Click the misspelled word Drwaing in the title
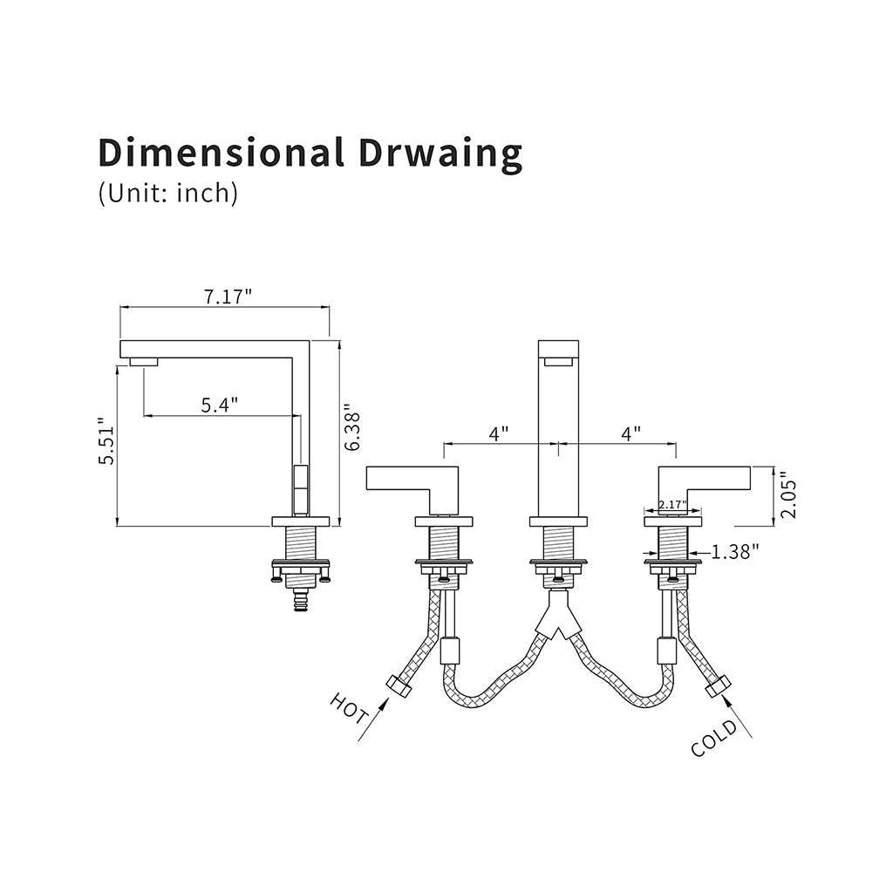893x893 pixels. tap(440, 153)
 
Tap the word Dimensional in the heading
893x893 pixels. tap(221, 152)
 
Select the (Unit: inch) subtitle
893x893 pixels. tap(168, 194)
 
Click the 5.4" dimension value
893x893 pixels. tap(219, 405)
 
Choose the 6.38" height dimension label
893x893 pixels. tap(352, 427)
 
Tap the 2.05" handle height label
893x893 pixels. tap(788, 494)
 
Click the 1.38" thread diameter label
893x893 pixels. tap(734, 551)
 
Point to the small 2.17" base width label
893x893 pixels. tap(672, 505)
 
